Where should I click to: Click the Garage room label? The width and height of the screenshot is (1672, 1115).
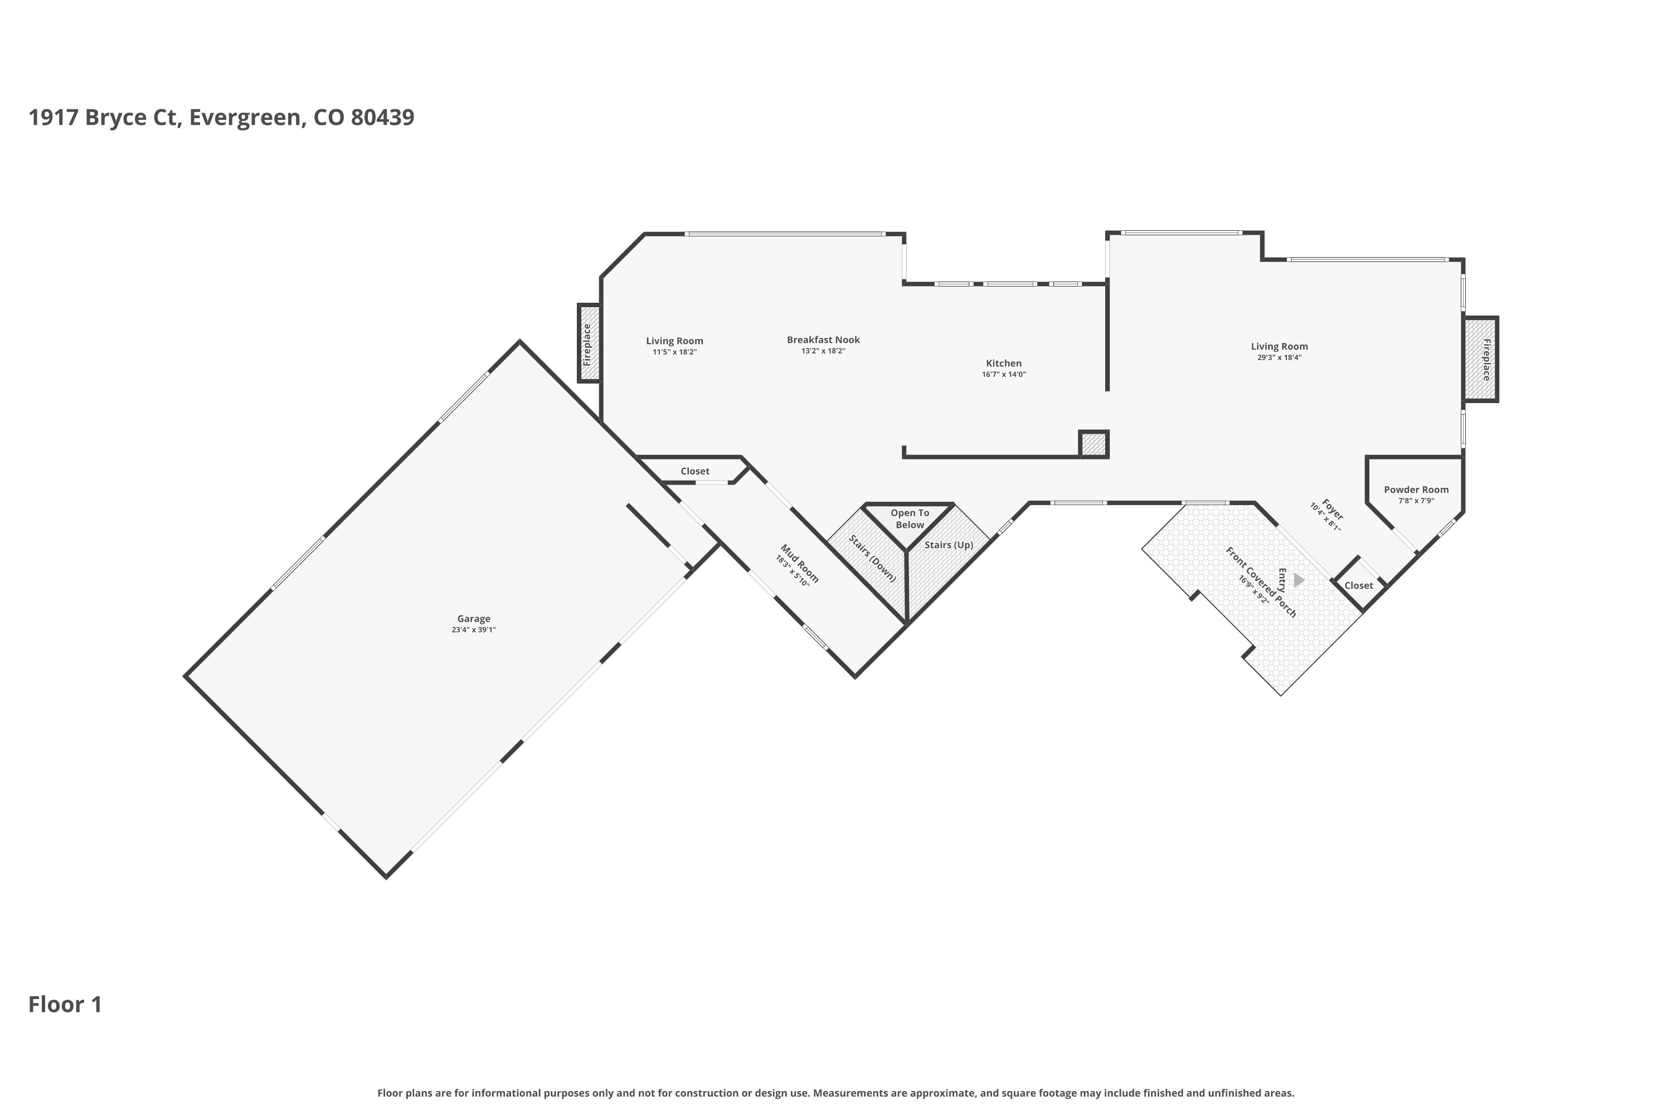pyautogui.click(x=473, y=619)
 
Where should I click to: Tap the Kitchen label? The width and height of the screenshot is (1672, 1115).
pyautogui.click(x=1004, y=363)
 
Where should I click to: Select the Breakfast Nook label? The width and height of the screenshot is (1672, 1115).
pyautogui.click(x=823, y=340)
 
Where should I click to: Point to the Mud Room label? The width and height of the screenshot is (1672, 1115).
pyautogui.click(x=800, y=563)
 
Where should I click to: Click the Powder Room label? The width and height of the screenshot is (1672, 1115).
pyautogui.click(x=1416, y=489)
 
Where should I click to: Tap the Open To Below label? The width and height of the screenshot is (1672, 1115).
pyautogui.click(x=910, y=518)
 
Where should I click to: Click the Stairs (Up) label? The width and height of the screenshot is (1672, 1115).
pyautogui.click(x=949, y=545)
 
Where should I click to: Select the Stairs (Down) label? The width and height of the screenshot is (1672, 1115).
pyautogui.click(x=873, y=557)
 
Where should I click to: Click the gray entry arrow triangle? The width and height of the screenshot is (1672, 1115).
pyautogui.click(x=1298, y=580)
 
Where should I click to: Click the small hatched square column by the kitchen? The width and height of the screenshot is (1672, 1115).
pyautogui.click(x=1094, y=444)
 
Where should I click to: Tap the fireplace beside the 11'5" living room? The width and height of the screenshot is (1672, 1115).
pyautogui.click(x=589, y=343)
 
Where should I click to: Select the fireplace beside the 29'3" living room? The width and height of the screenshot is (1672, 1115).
pyautogui.click(x=1481, y=359)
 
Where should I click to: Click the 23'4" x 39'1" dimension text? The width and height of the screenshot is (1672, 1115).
pyautogui.click(x=473, y=630)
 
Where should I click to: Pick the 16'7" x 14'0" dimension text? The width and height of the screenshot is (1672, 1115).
pyautogui.click(x=1004, y=375)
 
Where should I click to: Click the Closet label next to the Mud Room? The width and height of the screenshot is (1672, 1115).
pyautogui.click(x=694, y=471)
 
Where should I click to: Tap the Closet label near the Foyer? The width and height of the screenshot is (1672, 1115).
pyautogui.click(x=1359, y=585)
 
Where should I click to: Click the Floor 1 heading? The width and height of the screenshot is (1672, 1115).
pyautogui.click(x=65, y=1004)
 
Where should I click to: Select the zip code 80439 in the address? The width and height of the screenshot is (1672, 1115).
pyautogui.click(x=382, y=117)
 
